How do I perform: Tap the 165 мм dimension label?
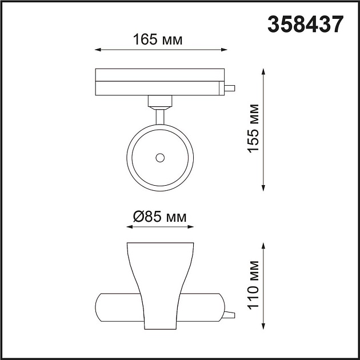click(x=158, y=39)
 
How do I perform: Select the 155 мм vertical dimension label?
click(x=253, y=128)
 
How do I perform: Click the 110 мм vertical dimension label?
click(x=253, y=285)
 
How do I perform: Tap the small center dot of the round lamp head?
click(x=161, y=157)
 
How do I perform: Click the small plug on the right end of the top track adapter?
click(x=230, y=89)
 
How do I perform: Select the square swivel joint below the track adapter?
click(x=159, y=101)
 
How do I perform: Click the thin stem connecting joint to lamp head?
click(x=160, y=115)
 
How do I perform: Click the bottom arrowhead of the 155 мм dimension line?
click(x=263, y=188)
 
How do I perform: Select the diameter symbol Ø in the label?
click(x=138, y=217)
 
